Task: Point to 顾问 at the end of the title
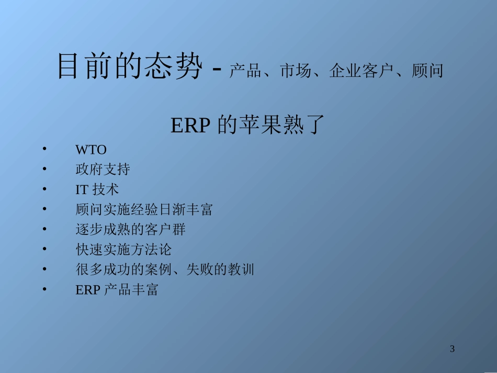point(427,71)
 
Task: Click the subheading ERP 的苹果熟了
point(248,126)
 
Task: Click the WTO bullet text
point(91,150)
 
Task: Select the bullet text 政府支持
point(103,169)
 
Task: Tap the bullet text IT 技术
point(97,189)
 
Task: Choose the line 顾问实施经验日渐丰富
point(144,210)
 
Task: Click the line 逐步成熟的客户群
point(130,230)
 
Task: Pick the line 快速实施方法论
point(123,250)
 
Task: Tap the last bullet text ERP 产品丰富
point(117,290)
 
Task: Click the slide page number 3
point(453,349)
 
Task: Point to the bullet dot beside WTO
point(45,149)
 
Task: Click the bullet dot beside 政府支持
point(45,169)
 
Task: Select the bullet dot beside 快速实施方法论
point(45,249)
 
